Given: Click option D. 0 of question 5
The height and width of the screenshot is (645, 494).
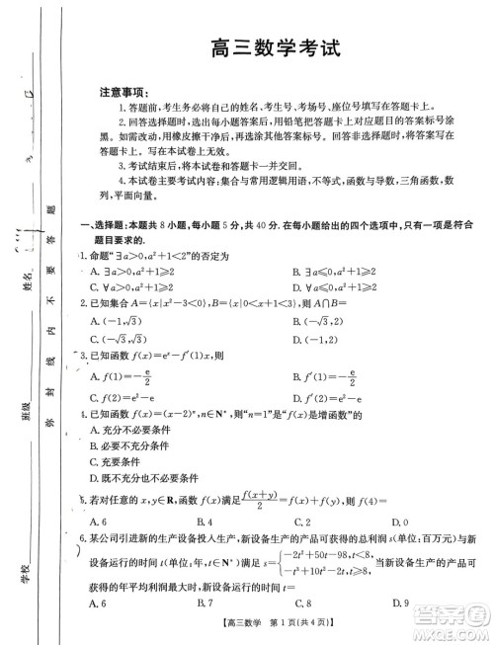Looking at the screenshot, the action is (x=400, y=522).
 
